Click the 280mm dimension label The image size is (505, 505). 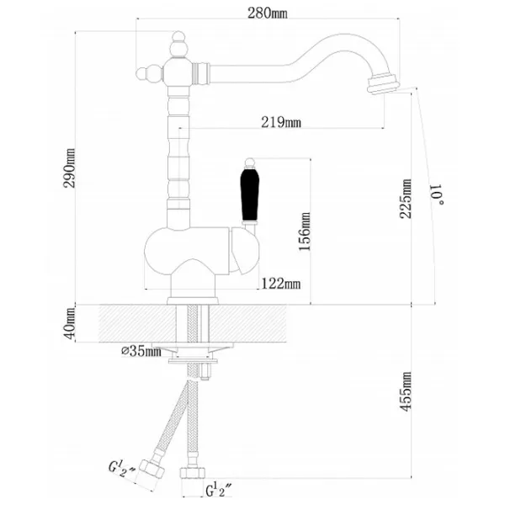pyautogui.click(x=268, y=13)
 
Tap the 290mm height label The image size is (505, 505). pyautogui.click(x=70, y=168)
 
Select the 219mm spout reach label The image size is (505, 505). pyautogui.click(x=281, y=123)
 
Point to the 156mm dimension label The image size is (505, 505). pyautogui.click(x=305, y=231)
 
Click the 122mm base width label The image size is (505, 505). pyautogui.click(x=281, y=284)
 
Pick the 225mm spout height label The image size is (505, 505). pyautogui.click(x=406, y=199)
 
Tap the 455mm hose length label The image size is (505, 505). pyautogui.click(x=406, y=391)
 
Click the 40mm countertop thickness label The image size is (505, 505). pyautogui.click(x=70, y=323)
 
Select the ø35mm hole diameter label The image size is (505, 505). pyautogui.click(x=141, y=351)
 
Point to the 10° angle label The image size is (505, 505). pyautogui.click(x=438, y=194)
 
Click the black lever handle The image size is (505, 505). pyautogui.click(x=250, y=194)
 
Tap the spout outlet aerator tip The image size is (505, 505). pyautogui.click(x=383, y=83)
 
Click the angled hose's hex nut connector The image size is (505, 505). pyautogui.click(x=151, y=470)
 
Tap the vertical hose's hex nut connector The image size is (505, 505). pyautogui.click(x=192, y=472)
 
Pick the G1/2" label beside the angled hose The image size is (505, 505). pyautogui.click(x=122, y=469)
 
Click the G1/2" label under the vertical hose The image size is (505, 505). pyautogui.click(x=219, y=492)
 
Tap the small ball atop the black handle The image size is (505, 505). pyautogui.click(x=250, y=162)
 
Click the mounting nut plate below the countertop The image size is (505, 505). pyautogui.click(x=193, y=360)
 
